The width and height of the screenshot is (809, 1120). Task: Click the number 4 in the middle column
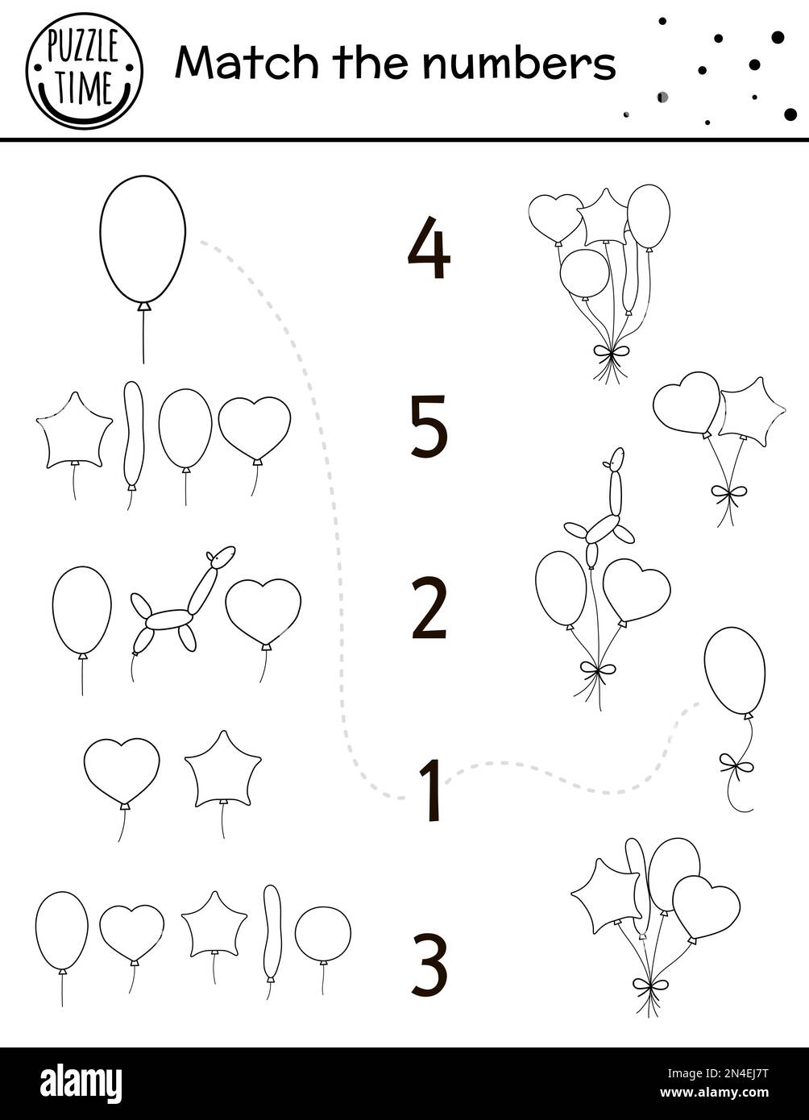[x=428, y=248]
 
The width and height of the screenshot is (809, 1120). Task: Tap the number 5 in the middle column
[x=428, y=426]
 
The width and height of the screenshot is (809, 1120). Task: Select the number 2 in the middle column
[x=429, y=608]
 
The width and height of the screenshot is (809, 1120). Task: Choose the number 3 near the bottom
[x=429, y=964]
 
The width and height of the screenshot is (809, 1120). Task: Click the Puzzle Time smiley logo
[x=84, y=70]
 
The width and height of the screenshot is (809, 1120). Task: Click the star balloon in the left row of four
[x=73, y=430]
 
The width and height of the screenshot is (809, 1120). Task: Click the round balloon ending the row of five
[x=322, y=934]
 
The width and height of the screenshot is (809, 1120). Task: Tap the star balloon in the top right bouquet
[x=604, y=216]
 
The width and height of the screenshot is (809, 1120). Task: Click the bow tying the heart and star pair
[x=728, y=492]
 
